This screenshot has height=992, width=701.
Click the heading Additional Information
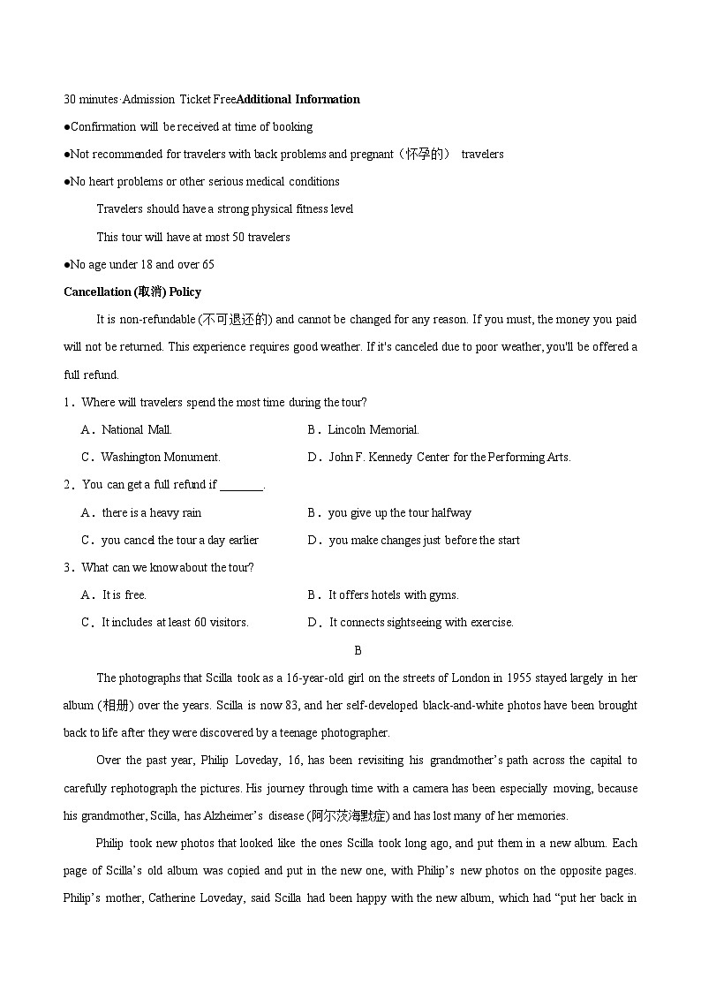click(x=298, y=99)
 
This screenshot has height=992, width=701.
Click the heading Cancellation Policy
click(x=132, y=292)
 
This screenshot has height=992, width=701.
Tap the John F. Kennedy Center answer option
click(x=449, y=457)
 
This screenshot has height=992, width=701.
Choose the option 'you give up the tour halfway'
click(x=399, y=512)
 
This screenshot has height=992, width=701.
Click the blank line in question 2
click(x=241, y=485)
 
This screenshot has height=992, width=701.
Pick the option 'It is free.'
click(x=124, y=594)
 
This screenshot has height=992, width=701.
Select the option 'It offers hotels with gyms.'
click(x=393, y=594)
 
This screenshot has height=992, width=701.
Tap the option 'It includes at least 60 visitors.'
click(x=175, y=622)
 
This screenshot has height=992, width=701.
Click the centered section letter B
click(x=358, y=650)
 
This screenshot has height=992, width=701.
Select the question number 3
click(x=68, y=567)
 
